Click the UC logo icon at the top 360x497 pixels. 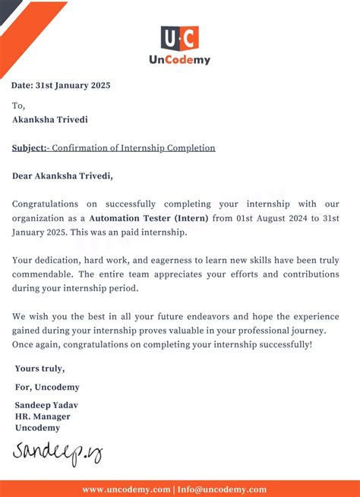pyautogui.click(x=179, y=38)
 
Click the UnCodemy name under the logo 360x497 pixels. pyautogui.click(x=179, y=59)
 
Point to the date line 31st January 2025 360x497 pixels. pyautogui.click(x=62, y=85)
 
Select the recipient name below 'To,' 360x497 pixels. pyautogui.click(x=49, y=119)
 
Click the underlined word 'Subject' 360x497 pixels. pyautogui.click(x=29, y=147)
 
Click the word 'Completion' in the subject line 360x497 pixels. pyautogui.click(x=188, y=147)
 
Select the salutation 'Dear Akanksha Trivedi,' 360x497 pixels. pyautogui.click(x=62, y=176)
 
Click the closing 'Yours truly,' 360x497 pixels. pyautogui.click(x=39, y=369)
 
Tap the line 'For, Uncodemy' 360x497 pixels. pyautogui.click(x=46, y=387)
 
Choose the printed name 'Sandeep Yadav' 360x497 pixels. pyautogui.click(x=46, y=405)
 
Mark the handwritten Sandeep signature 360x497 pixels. pyautogui.click(x=56, y=453)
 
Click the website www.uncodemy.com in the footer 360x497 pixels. pyautogui.click(x=126, y=489)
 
